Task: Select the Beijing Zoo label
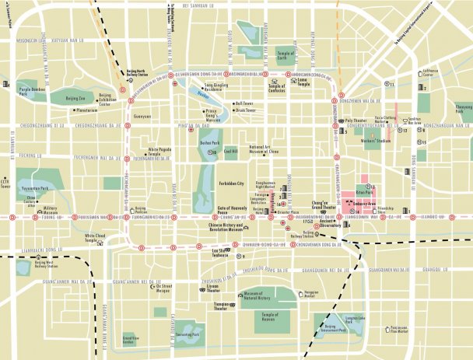pos(75,99)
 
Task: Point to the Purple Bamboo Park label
pos(33,92)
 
